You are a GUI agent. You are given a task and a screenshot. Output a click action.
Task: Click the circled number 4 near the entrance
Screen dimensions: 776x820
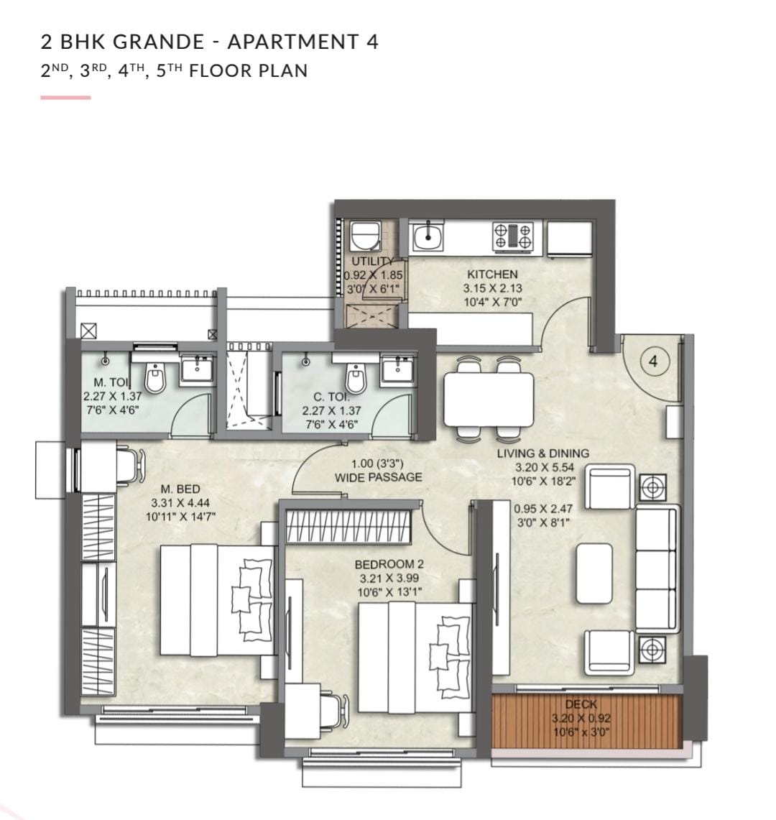point(653,361)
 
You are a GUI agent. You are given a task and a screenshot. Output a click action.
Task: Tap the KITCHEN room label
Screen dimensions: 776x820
point(493,274)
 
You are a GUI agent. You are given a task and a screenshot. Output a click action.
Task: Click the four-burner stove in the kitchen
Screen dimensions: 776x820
point(513,235)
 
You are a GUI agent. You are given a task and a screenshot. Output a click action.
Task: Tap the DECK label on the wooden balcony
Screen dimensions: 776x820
point(581,704)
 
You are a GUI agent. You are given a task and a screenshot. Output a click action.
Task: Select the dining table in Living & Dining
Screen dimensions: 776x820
point(489,399)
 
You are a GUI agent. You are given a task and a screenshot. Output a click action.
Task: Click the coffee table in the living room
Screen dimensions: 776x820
point(594,573)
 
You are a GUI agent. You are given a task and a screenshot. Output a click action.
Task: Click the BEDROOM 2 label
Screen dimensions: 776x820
point(389,564)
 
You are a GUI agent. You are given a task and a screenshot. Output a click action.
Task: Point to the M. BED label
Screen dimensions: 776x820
point(180,489)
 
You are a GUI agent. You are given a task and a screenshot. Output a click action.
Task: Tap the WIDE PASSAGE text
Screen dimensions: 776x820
point(378,477)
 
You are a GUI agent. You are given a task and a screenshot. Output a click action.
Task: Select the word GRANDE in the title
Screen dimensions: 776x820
point(159,42)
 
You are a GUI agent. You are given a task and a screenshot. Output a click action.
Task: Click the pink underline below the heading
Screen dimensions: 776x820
point(66,97)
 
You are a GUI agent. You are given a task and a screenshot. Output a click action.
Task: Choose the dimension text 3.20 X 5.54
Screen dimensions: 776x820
point(545,468)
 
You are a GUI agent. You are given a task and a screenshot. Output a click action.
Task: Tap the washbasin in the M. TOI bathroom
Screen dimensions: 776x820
point(197,368)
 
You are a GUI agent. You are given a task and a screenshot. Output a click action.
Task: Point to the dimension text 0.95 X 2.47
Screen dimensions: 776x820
point(542,508)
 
